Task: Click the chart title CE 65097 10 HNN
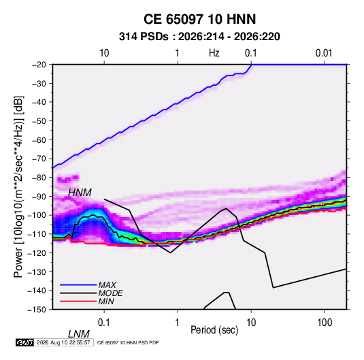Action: (199, 19)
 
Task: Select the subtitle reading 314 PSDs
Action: (144, 37)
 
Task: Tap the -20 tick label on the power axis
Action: (39, 65)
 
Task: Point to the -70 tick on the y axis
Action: (39, 159)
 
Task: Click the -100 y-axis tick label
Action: (37, 215)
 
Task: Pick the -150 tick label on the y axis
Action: (37, 310)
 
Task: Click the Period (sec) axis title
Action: (214, 330)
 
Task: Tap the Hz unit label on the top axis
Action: (214, 53)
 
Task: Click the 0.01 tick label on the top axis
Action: (324, 53)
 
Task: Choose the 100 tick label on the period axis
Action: (325, 323)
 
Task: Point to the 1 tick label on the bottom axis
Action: (178, 323)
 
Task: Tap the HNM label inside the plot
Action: (80, 193)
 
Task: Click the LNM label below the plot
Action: (79, 334)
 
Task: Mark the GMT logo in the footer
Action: (24, 342)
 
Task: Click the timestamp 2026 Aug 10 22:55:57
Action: (63, 342)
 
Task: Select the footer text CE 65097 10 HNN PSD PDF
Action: (128, 342)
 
